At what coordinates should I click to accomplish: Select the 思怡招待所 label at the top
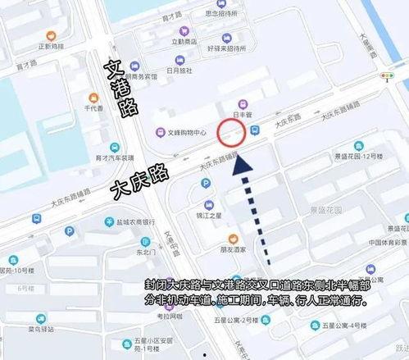pyautogui.click(x=222, y=13)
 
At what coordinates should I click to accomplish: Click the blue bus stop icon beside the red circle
pyautogui.click(x=255, y=130)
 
